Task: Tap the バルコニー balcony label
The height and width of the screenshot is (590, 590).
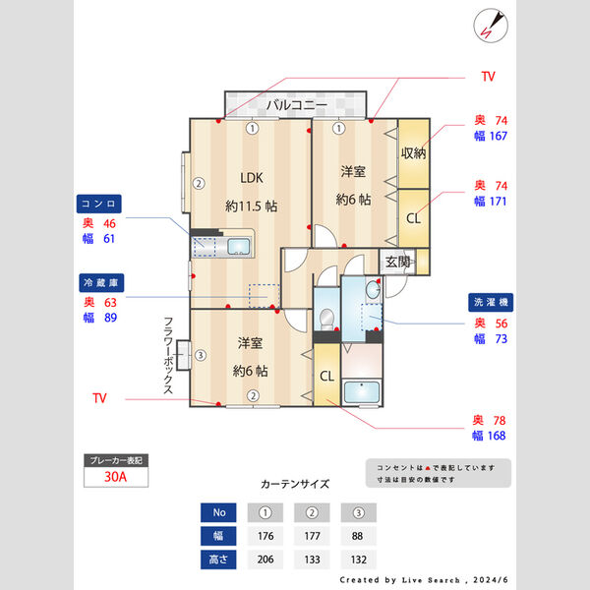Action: [x=296, y=103]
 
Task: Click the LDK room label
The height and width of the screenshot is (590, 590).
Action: [x=251, y=178]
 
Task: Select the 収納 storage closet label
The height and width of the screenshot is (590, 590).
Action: [x=413, y=152]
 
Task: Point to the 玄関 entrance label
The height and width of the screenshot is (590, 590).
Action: [x=397, y=262]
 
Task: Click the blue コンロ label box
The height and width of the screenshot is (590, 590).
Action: [x=99, y=204]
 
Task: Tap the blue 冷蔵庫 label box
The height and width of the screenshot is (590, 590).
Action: [x=99, y=282]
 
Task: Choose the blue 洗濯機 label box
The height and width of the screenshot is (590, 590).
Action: [x=488, y=303]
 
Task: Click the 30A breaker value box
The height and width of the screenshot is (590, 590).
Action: [x=116, y=479]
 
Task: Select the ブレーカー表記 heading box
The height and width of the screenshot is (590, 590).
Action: [x=116, y=459]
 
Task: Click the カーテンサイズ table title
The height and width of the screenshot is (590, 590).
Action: [x=295, y=484]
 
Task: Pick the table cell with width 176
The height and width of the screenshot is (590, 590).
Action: [x=265, y=536]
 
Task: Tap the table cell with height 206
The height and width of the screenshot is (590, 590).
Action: [x=265, y=559]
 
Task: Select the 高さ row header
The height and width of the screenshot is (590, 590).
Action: [x=219, y=559]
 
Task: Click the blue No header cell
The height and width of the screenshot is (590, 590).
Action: [x=219, y=512]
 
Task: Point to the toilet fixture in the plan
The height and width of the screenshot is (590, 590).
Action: [x=327, y=319]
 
